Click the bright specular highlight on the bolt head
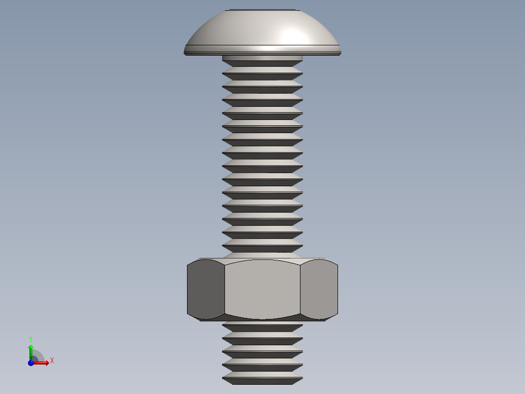pos(294,35)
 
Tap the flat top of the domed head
pos(262,10)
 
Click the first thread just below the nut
pos(262,327)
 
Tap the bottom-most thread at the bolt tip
pos(262,379)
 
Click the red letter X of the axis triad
pos(52,361)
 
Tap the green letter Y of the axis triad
pos(30,339)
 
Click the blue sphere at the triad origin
pos(31,363)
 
